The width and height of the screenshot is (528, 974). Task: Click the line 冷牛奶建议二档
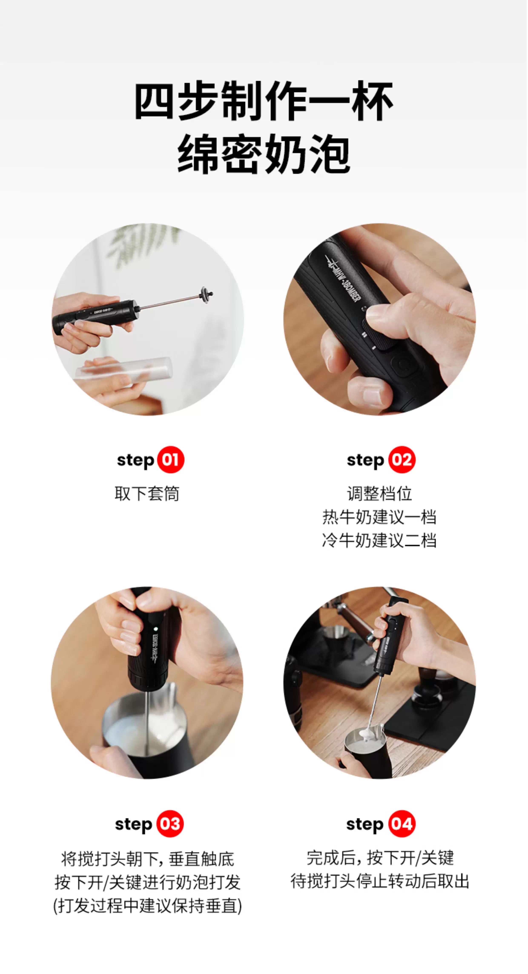(x=379, y=540)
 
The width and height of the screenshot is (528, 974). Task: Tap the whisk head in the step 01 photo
(x=206, y=294)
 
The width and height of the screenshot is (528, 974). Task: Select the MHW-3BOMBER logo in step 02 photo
(x=342, y=279)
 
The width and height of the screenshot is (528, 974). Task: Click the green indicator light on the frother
(x=155, y=629)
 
